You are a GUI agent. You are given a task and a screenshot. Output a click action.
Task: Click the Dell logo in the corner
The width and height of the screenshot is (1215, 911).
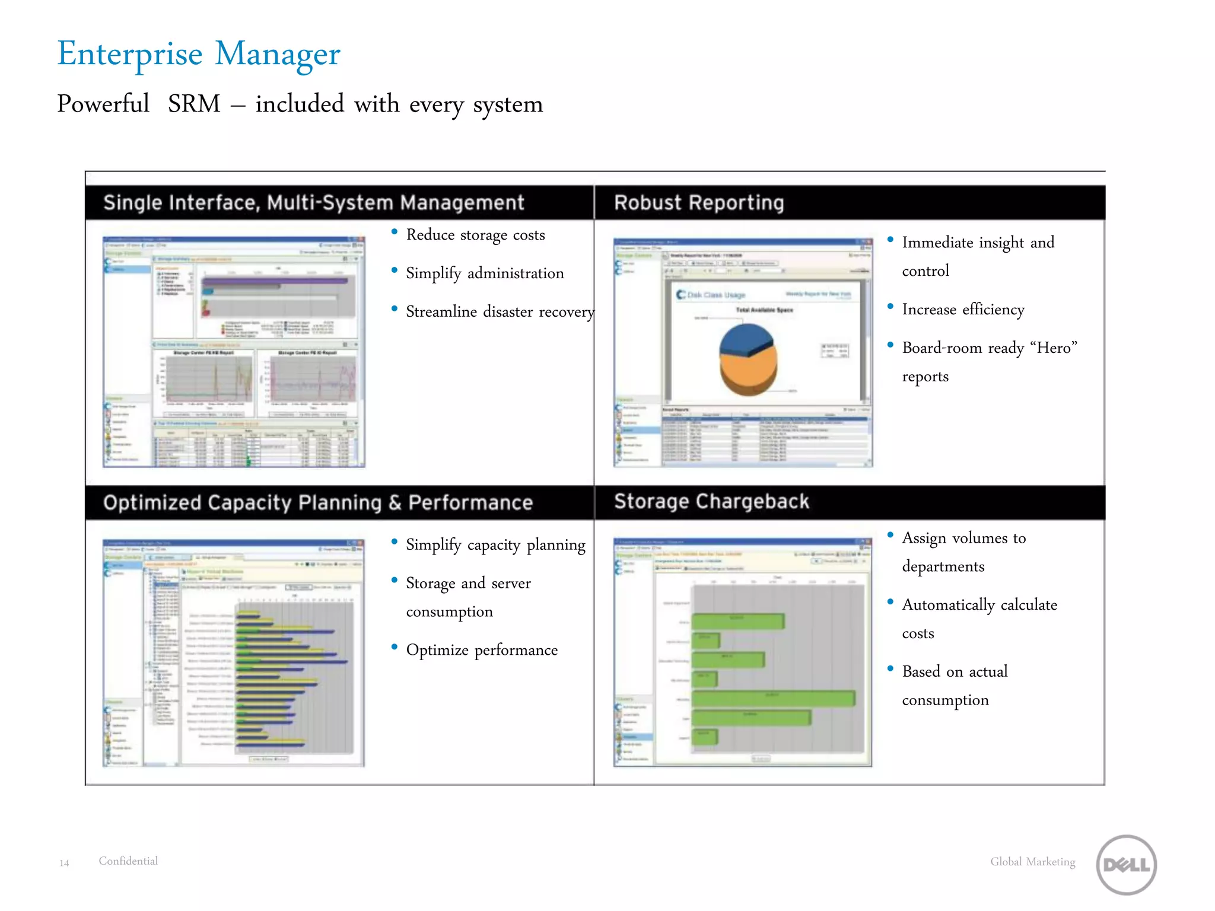[1126, 864]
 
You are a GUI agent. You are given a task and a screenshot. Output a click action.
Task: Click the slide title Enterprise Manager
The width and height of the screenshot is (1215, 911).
[199, 54]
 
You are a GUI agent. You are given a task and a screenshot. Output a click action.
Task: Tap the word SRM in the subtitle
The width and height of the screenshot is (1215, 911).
[194, 104]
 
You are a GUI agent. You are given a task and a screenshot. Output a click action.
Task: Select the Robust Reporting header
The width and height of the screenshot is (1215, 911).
[699, 203]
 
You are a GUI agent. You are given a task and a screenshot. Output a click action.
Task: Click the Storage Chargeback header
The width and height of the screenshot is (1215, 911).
[711, 502]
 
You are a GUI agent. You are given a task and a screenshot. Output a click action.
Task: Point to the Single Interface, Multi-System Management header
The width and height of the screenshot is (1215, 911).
[314, 203]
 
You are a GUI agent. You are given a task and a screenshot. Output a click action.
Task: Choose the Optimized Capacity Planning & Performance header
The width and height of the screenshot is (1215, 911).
[318, 503]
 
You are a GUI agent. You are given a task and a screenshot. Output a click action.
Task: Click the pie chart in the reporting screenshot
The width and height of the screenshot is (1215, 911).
[748, 358]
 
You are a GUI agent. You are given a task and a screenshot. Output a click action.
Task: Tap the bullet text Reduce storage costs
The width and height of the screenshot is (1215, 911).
[475, 235]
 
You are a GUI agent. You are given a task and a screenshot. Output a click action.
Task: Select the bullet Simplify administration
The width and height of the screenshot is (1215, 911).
[485, 273]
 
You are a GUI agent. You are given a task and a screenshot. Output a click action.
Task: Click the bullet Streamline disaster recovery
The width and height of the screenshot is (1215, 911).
[500, 312]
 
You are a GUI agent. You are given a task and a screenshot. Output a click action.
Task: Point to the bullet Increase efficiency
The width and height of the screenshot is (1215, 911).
[963, 310]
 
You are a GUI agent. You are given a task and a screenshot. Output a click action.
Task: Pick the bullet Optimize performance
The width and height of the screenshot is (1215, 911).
[482, 650]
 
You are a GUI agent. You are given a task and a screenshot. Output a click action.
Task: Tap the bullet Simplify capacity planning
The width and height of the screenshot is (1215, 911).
[495, 544]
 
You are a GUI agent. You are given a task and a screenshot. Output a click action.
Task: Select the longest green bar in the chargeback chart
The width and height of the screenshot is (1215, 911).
[774, 698]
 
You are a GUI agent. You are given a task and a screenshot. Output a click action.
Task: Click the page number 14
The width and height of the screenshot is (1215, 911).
[64, 863]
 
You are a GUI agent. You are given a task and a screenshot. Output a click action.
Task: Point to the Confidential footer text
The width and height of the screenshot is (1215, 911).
[128, 861]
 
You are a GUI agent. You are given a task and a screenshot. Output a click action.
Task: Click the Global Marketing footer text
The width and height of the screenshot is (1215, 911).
[1032, 862]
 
